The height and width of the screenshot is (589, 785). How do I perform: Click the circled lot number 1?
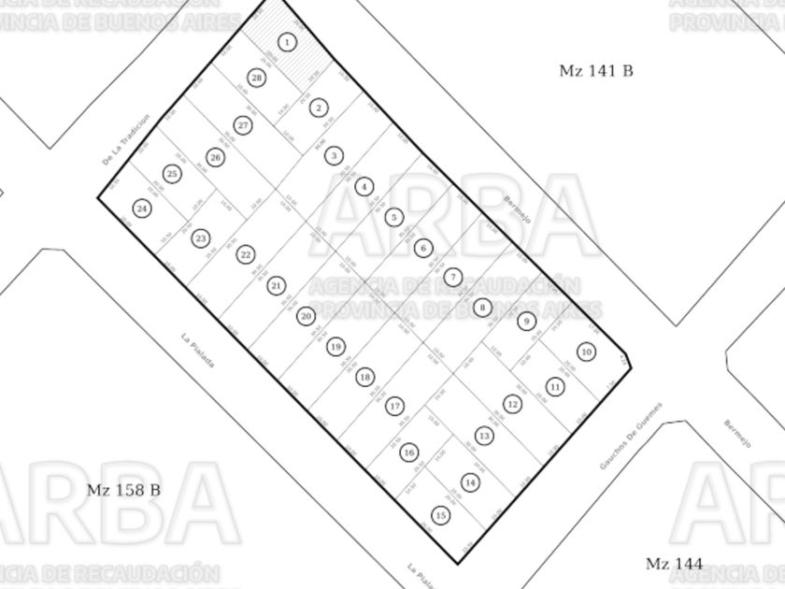288,42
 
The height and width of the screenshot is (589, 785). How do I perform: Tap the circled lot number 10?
586,352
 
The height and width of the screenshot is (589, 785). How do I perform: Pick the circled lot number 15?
441,515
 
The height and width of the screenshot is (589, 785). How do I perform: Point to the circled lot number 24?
142,208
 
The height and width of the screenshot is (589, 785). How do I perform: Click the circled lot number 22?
246,254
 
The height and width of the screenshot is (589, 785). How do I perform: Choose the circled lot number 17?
395,407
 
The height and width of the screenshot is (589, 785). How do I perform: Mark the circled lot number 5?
394,217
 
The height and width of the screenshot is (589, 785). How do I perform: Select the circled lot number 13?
484,436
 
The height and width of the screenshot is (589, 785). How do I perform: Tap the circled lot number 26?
216,158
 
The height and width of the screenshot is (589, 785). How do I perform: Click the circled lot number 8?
482,307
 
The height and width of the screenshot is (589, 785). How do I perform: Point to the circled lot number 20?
307,316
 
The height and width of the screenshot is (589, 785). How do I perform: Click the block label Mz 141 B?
595,70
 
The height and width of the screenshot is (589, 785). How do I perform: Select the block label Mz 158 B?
123,490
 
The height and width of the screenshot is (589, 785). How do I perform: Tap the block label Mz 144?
674,563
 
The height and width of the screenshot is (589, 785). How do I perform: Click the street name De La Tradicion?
126,141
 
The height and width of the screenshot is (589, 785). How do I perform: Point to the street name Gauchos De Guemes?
631,438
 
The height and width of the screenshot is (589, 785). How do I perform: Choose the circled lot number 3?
334,156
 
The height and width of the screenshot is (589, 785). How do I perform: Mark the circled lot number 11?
556,386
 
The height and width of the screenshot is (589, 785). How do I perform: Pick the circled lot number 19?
335,347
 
